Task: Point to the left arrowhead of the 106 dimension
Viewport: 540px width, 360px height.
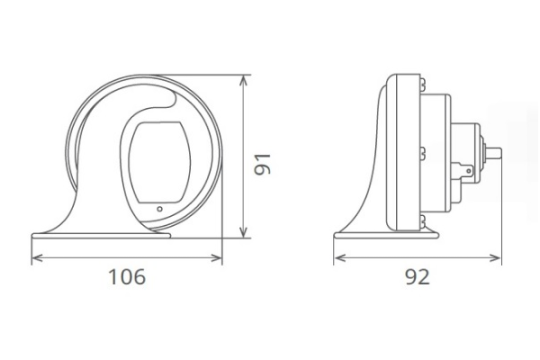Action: click(x=36, y=257)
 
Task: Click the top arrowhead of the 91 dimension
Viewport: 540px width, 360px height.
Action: click(x=245, y=77)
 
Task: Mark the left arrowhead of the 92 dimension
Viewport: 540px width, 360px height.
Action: click(x=337, y=257)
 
